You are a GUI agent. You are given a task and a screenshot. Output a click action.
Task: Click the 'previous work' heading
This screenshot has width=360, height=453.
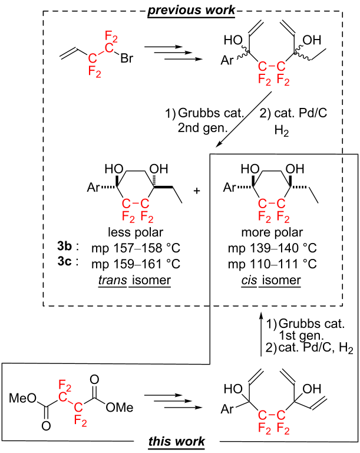click(x=191, y=10)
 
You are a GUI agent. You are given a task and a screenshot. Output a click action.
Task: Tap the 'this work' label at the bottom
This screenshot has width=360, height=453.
click(x=176, y=441)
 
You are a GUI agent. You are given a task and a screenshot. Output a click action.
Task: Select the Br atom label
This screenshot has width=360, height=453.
click(x=127, y=58)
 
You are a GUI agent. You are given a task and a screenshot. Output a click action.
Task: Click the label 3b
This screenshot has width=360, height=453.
click(x=64, y=246)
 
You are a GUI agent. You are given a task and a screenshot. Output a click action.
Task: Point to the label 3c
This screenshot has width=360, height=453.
click(x=64, y=261)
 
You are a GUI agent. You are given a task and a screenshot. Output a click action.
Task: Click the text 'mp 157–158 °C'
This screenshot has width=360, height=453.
click(x=136, y=248)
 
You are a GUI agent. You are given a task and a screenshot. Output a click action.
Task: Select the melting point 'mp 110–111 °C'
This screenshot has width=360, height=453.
click(x=272, y=264)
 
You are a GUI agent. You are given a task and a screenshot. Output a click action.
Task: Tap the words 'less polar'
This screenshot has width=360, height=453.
click(x=136, y=232)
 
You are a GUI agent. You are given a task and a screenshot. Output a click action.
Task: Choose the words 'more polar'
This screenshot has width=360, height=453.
click(x=272, y=232)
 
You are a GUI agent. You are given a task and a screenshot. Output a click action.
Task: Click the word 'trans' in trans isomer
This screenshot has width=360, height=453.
click(x=113, y=280)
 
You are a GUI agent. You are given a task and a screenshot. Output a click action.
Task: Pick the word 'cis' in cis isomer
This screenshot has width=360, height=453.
click(x=249, y=280)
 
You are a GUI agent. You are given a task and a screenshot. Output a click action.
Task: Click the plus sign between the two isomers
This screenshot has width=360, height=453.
click(x=197, y=191)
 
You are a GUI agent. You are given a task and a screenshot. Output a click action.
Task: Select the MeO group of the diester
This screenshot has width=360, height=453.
click(x=22, y=398)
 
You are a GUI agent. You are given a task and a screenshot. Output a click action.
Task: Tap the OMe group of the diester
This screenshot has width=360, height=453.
click(x=120, y=408)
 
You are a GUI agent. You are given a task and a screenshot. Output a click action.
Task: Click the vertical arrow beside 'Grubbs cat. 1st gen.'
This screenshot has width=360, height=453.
click(x=261, y=334)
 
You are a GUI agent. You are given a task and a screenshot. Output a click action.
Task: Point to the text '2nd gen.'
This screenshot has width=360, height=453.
click(x=202, y=127)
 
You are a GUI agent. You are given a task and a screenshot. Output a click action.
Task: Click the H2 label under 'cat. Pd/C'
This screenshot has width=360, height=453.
click(x=282, y=131)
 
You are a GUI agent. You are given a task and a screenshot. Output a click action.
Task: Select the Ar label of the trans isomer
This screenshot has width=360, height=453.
click(x=93, y=188)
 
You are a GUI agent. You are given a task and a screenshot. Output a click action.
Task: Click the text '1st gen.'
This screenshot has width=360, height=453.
click(x=301, y=336)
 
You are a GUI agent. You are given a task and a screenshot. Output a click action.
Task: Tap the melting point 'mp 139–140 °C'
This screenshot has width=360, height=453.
click(x=272, y=248)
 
